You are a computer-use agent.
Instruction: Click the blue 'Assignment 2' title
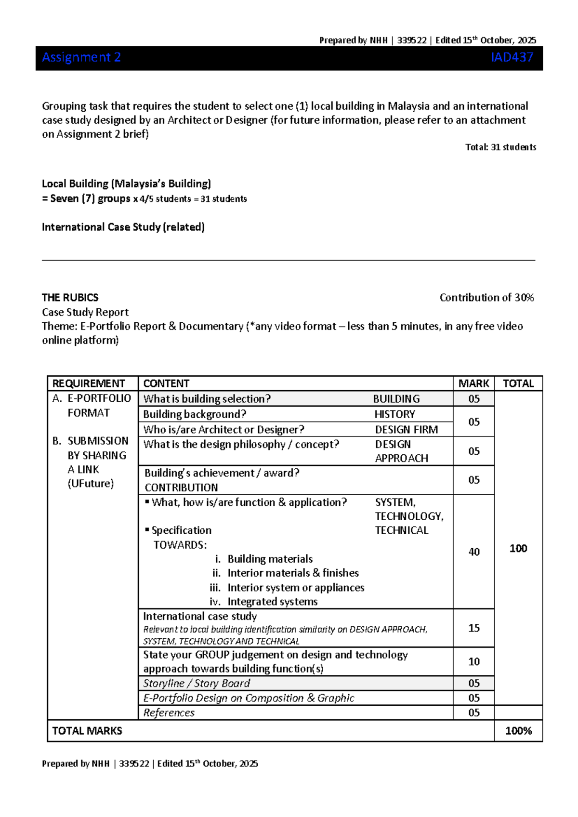81,57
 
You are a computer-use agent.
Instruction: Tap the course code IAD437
512,57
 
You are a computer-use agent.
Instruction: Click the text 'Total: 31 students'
500,147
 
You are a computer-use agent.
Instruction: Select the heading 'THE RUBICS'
70,297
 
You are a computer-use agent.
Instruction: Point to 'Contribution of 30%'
486,297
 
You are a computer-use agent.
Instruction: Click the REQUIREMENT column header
89,383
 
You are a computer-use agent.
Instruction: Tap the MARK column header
473,383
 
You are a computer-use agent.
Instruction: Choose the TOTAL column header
518,383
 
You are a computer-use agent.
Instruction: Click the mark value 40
474,552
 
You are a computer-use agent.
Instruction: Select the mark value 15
474,628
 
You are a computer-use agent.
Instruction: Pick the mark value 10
474,661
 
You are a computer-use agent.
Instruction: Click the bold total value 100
518,548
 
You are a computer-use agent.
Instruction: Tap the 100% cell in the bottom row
518,731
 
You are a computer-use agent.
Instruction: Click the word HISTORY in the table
394,414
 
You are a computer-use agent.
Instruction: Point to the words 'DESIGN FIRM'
407,429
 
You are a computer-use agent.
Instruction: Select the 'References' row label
169,712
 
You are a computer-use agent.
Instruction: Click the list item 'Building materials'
270,559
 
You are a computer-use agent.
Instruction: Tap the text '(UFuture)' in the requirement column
91,483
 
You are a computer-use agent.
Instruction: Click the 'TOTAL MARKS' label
87,731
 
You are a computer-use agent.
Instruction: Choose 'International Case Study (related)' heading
123,227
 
